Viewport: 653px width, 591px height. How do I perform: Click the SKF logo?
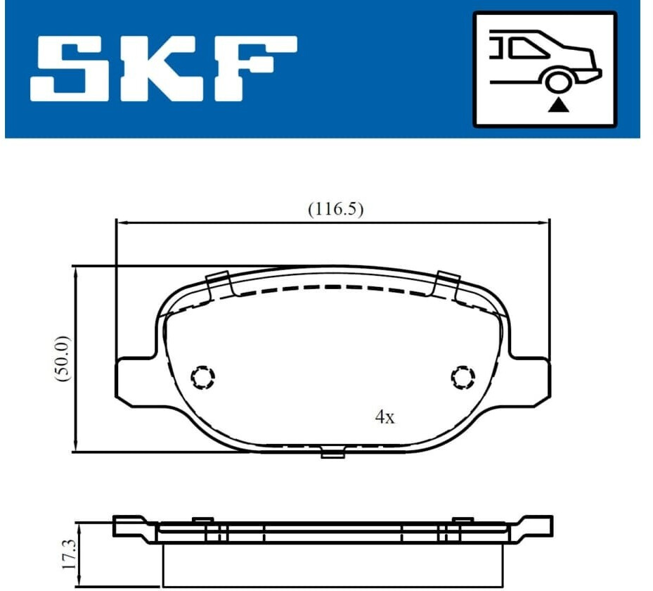coord(164,69)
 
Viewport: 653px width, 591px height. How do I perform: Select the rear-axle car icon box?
coord(545,69)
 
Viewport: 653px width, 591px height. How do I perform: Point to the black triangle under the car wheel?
coord(558,106)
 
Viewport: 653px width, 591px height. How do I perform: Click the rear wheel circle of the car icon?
coord(558,82)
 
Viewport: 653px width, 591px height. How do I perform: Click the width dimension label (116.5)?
coord(336,209)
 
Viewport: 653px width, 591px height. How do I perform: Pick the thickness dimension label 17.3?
coord(70,554)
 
